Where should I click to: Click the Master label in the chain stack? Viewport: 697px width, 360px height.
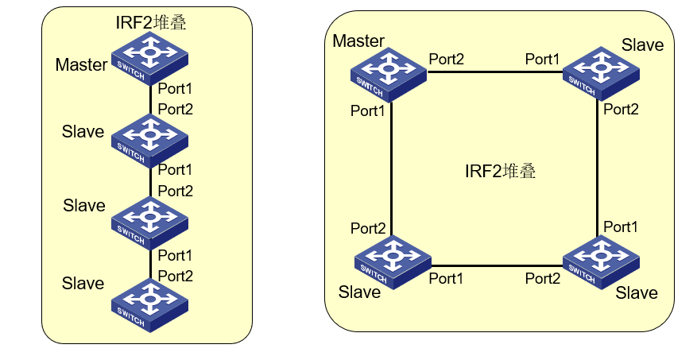81,65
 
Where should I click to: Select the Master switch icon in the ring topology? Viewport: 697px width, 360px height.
389,74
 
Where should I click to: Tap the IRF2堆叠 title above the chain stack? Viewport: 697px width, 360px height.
152,23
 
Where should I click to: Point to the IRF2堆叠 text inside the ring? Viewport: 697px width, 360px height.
500,171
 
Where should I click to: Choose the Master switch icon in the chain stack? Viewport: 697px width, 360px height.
149,60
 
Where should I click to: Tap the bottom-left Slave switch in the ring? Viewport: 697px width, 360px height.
392,259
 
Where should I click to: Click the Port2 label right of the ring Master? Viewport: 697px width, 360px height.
447,60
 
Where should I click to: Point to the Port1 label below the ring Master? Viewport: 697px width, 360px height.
368,111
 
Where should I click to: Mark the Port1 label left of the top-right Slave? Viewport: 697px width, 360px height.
542,60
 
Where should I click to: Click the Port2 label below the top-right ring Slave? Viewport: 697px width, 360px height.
621,110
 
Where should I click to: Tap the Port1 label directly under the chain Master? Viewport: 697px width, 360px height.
176,88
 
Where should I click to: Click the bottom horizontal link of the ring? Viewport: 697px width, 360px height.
494,264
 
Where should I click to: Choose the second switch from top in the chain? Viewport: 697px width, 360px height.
149,137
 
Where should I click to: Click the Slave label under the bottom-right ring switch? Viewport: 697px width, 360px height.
637,293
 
